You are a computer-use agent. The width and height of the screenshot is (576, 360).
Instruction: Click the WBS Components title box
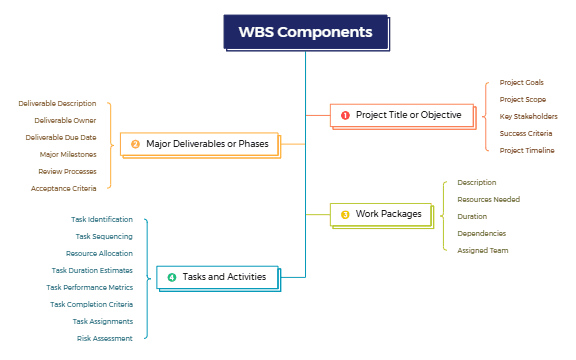(x=305, y=32)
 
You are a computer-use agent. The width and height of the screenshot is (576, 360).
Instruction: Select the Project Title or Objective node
(x=400, y=115)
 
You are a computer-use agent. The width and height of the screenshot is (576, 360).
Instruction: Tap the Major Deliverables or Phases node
(x=200, y=144)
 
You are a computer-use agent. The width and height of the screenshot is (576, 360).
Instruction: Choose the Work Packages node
(x=381, y=214)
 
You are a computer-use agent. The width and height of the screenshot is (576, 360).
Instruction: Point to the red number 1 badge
(x=345, y=115)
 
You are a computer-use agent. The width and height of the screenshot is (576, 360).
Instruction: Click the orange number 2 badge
(x=135, y=144)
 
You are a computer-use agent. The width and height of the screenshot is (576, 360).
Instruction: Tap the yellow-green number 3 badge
(x=345, y=214)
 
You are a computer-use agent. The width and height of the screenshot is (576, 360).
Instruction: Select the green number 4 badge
(x=171, y=277)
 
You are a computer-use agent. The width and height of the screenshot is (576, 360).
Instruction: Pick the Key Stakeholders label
(x=528, y=116)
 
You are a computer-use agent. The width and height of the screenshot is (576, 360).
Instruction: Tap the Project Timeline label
(x=526, y=150)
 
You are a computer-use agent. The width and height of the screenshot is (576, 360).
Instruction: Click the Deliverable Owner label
(x=65, y=120)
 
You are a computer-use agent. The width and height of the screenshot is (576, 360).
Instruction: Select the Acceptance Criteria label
(x=63, y=188)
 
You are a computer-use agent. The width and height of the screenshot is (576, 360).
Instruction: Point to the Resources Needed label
(x=488, y=199)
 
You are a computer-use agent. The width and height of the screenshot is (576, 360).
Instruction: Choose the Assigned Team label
(x=483, y=250)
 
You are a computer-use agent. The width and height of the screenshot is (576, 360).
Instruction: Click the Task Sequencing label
(x=104, y=236)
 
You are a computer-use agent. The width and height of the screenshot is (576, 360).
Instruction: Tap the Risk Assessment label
(x=104, y=338)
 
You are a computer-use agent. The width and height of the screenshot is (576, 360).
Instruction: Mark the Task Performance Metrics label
(x=89, y=287)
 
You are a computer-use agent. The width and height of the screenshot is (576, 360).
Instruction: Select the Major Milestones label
(x=68, y=154)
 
